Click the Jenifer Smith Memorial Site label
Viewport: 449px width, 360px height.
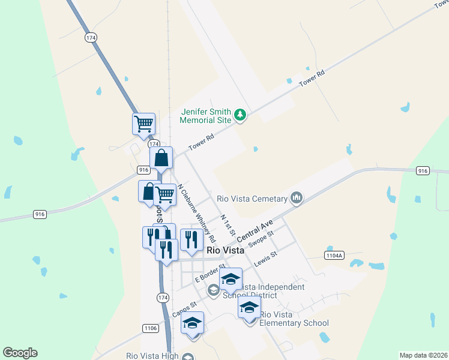206,115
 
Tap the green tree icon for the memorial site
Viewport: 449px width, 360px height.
240,114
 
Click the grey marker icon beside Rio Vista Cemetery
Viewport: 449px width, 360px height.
297,197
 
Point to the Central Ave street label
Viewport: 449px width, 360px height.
259,229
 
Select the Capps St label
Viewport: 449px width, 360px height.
185,310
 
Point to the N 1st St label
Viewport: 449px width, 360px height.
226,224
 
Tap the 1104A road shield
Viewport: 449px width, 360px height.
334,256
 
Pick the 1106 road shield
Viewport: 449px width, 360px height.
151,328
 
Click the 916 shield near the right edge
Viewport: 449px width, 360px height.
423,171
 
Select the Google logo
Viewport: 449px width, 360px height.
20,353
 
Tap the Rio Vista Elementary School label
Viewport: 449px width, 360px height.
294,319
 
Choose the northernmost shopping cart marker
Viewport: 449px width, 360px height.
143,124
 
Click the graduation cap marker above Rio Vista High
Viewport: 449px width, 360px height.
192,323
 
